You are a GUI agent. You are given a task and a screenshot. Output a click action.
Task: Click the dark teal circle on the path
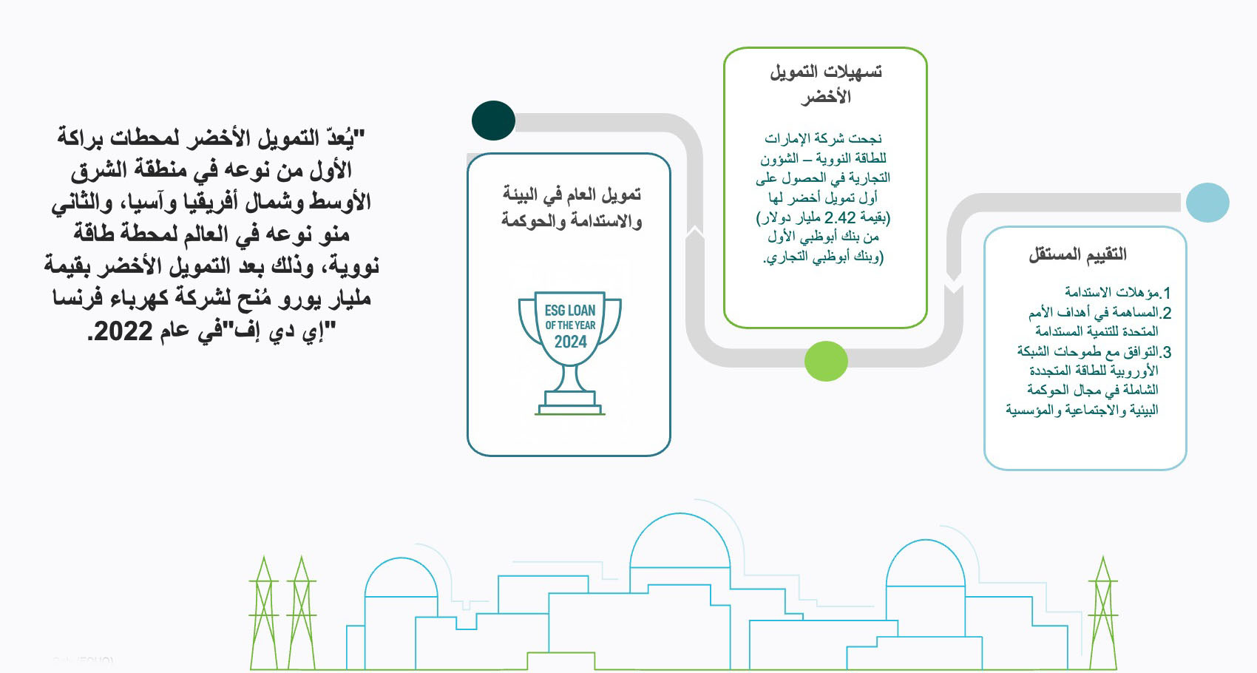[x=493, y=121]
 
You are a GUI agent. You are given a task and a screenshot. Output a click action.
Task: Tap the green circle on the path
[x=825, y=361]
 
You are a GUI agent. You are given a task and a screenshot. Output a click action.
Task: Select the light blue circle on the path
[x=1207, y=202]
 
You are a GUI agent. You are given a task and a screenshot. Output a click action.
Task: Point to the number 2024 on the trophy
[x=570, y=342]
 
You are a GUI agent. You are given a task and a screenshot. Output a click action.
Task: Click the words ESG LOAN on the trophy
[x=570, y=311]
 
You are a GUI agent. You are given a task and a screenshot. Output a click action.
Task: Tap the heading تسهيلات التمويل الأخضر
[x=825, y=84]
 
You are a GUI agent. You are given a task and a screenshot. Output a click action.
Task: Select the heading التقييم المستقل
[x=1077, y=254]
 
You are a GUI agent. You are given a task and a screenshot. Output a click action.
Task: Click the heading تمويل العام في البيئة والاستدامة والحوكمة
[x=571, y=208]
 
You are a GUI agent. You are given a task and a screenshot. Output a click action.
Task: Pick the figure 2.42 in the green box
[x=839, y=217]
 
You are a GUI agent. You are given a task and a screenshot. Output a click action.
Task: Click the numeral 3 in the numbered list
[x=1166, y=352]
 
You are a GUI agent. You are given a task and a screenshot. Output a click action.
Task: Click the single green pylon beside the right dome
[x=1102, y=614]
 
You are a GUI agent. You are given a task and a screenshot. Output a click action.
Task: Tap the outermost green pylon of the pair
[x=263, y=614]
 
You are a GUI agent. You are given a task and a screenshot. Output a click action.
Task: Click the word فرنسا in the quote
[x=78, y=298]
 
